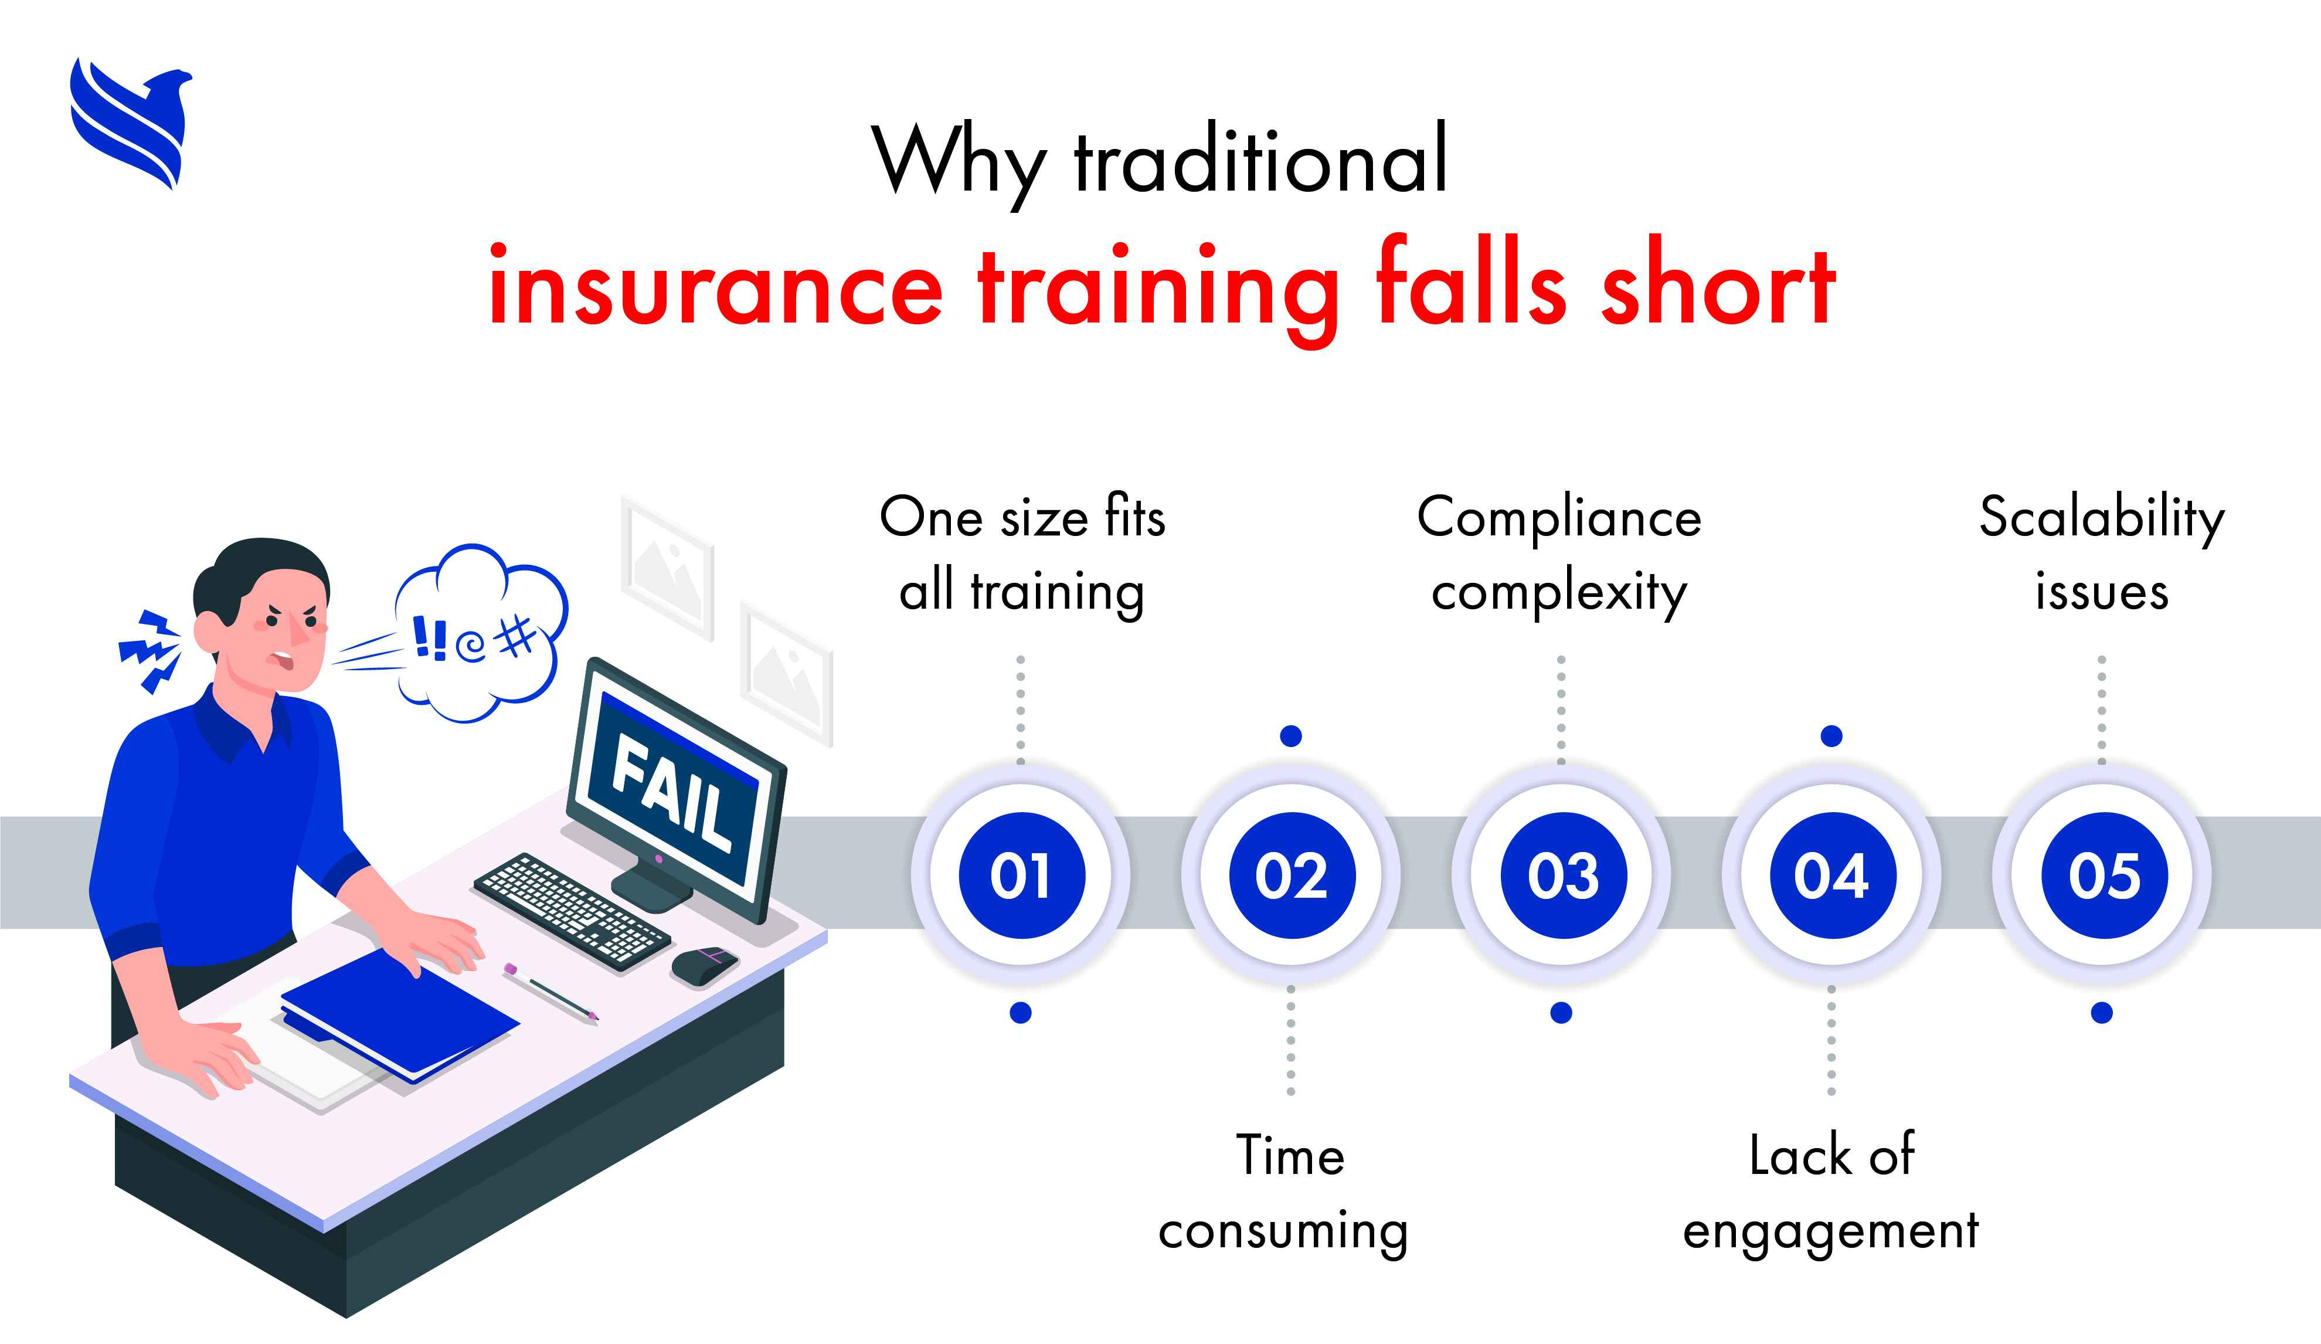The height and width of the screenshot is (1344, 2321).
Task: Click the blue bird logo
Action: pos(131,123)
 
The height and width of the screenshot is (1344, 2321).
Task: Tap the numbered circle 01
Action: pos(1021,875)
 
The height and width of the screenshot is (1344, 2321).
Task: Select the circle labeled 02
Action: pos(1292,875)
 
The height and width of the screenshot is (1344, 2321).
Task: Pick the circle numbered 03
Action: pos(1563,875)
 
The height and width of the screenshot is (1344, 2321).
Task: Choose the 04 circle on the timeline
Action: pos(1832,875)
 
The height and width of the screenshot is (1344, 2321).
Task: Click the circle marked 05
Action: pos(2103,875)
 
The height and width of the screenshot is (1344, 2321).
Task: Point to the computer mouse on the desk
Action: pos(705,965)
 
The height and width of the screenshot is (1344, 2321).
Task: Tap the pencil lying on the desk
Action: pos(550,992)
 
